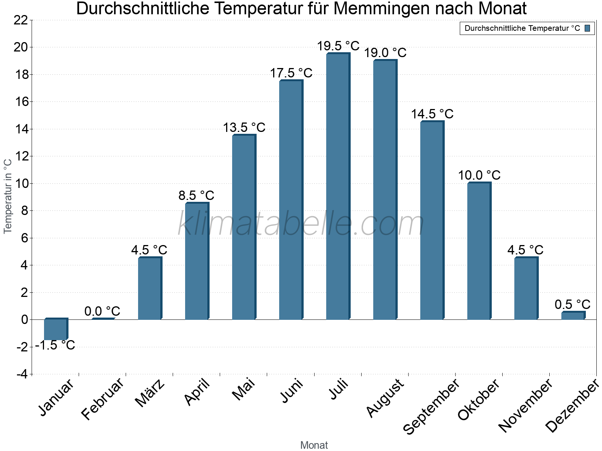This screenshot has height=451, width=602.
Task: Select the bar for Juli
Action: click(337, 187)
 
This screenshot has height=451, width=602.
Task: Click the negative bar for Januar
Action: click(55, 329)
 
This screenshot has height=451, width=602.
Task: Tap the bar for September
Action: click(432, 221)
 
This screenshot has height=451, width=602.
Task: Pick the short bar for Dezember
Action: click(573, 316)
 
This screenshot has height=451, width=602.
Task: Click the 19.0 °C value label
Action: click(385, 53)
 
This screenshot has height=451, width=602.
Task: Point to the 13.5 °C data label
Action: click(244, 128)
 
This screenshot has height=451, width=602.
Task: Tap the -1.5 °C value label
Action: click(55, 345)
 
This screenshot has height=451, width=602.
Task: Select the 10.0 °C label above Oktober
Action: click(479, 176)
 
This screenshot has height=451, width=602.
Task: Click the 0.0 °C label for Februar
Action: click(102, 311)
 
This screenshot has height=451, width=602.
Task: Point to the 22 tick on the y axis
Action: click(21, 20)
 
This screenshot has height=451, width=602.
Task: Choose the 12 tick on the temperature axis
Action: click(21, 156)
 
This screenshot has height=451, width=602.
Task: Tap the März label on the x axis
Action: click(150, 393)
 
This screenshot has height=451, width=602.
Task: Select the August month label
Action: click(385, 398)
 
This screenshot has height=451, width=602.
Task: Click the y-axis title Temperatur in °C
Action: click(8, 196)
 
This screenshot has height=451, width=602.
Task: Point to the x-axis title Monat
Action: click(314, 445)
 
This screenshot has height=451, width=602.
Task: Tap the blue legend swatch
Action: click(587, 28)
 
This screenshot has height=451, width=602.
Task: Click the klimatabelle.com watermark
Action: click(301, 224)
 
